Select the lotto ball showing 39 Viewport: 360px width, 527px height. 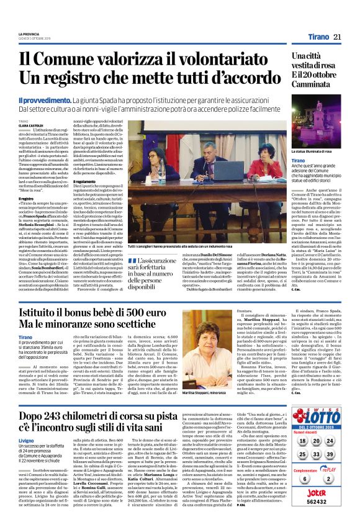[x=330, y=454]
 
